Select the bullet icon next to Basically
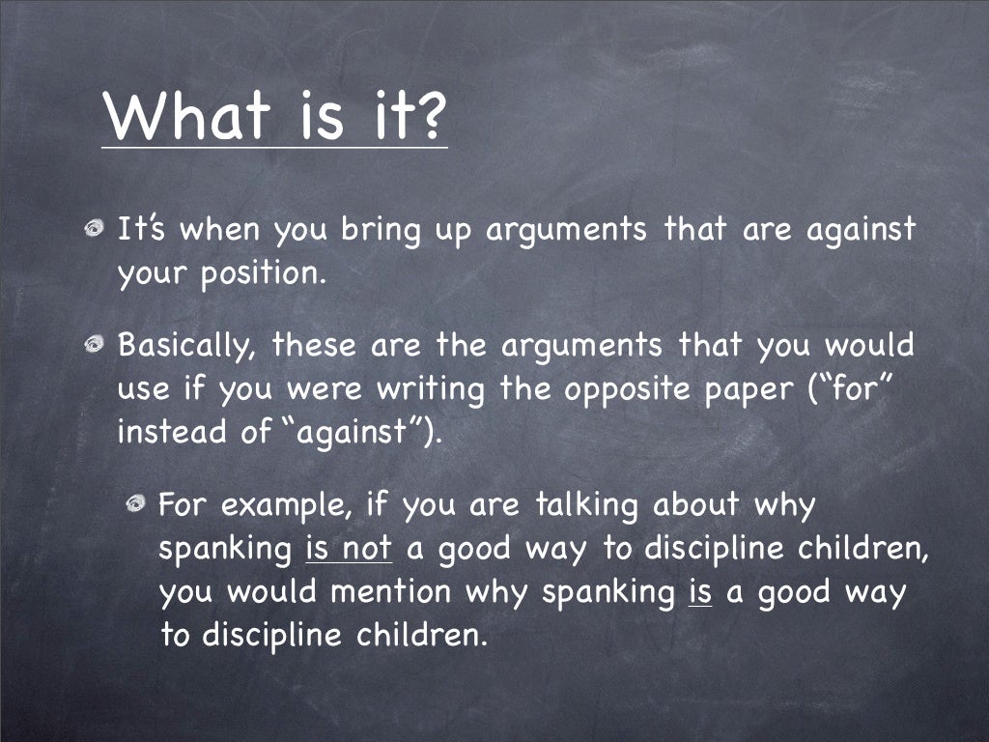(93, 345)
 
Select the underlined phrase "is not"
(348, 549)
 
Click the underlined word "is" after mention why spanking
(700, 591)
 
